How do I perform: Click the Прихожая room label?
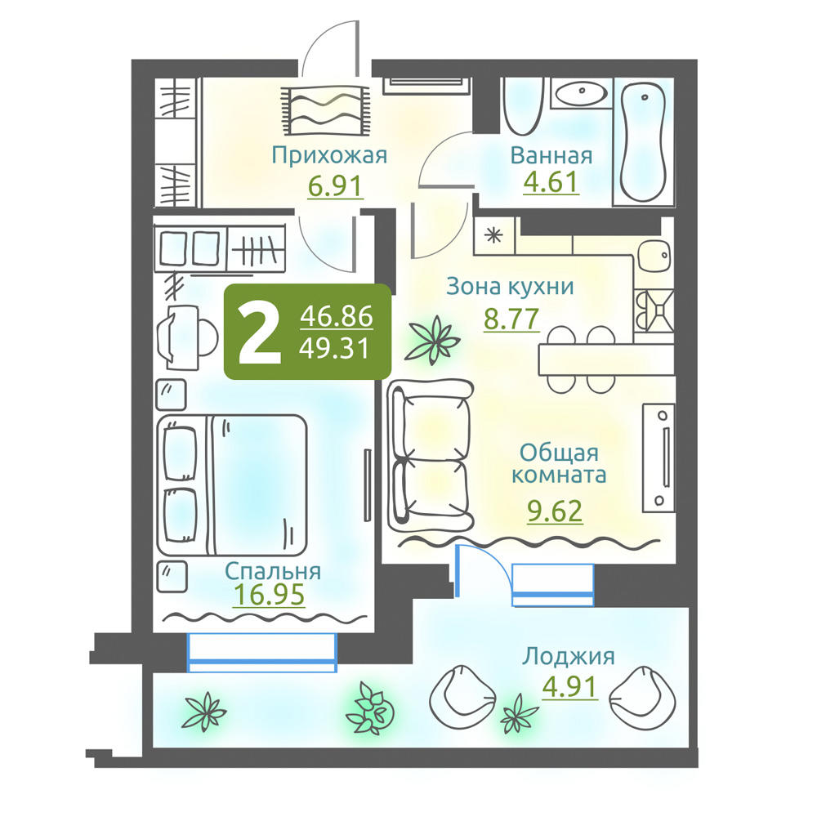(x=329, y=155)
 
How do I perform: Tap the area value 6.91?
(x=334, y=186)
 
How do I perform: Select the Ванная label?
(x=551, y=155)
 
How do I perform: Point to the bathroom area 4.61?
(x=551, y=182)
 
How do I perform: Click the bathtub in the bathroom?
(x=644, y=141)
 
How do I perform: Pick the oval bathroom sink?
(x=581, y=93)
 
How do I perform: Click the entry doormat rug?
(x=326, y=110)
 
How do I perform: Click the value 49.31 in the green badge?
(x=334, y=348)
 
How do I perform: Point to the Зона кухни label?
(x=510, y=287)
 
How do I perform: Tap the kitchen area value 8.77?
(x=511, y=319)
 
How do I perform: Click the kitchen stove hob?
(x=654, y=310)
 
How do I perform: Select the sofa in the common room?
(x=430, y=451)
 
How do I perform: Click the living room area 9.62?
(x=555, y=511)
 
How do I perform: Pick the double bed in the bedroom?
(x=232, y=484)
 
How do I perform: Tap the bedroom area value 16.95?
(x=269, y=595)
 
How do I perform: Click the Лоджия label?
(x=569, y=657)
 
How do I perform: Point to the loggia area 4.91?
(x=569, y=687)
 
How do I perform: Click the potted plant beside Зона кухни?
(x=434, y=339)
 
